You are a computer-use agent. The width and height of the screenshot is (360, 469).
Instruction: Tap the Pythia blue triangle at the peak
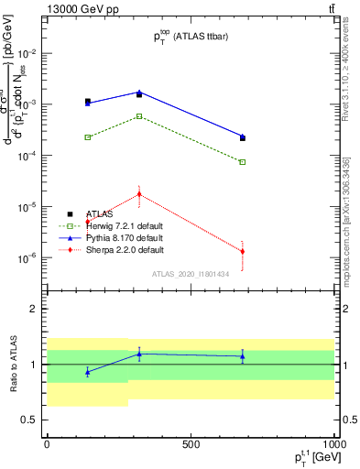coord(139,92)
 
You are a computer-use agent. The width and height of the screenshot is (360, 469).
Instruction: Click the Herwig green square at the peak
coord(139,116)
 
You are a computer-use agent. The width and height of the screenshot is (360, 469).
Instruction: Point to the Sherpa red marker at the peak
coord(139,193)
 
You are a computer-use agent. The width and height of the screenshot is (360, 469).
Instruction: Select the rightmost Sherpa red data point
coord(243,251)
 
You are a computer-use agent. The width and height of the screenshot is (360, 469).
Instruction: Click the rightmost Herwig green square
coord(243,162)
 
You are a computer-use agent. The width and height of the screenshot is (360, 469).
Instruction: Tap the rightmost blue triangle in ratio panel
coord(243,356)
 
